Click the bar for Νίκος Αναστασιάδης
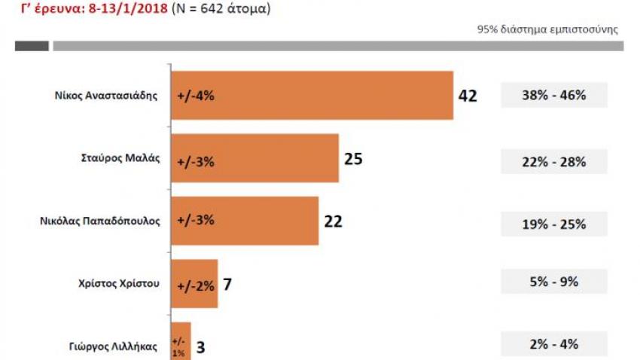pyautogui.click(x=312, y=96)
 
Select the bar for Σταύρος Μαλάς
pyautogui.click(x=254, y=158)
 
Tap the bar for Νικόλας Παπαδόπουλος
pyautogui.click(x=245, y=221)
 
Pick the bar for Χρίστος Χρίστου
pyautogui.click(x=194, y=283)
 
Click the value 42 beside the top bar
pyautogui.click(x=468, y=96)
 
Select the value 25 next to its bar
pyautogui.click(x=354, y=159)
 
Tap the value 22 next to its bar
pyautogui.click(x=334, y=221)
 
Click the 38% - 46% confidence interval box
pyautogui.click(x=553, y=96)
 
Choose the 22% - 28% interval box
pyautogui.click(x=553, y=161)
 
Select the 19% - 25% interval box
pyautogui.click(x=553, y=224)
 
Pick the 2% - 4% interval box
pyautogui.click(x=553, y=344)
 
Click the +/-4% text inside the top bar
pyautogui.click(x=196, y=96)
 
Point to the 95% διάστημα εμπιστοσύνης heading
pyautogui.click(x=547, y=30)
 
